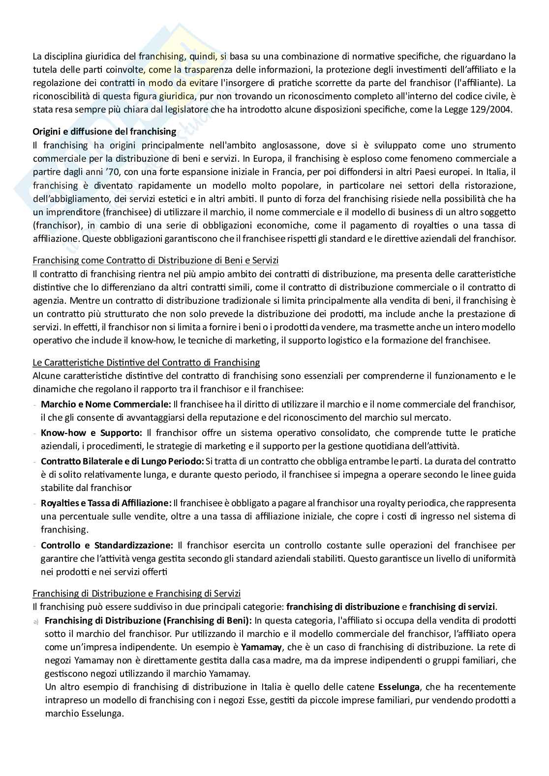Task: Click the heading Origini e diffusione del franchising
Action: [104, 132]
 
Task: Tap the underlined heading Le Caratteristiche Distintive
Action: [146, 363]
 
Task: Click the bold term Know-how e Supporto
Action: [91, 433]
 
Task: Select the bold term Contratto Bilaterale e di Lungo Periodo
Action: [122, 461]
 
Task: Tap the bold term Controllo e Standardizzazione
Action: [107, 546]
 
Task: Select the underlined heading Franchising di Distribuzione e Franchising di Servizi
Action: [137, 594]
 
